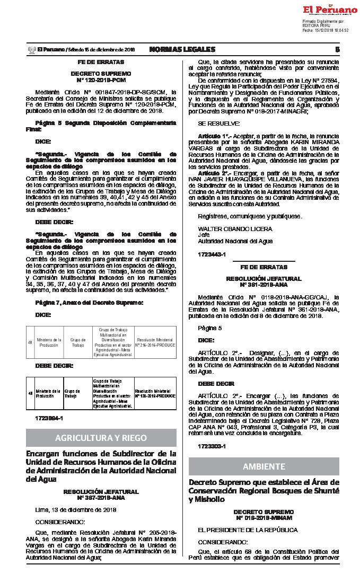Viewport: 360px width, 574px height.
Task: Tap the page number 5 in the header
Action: (337, 49)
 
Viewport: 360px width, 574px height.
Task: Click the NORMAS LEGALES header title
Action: (182, 49)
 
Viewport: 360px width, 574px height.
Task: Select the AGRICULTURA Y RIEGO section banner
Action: (101, 438)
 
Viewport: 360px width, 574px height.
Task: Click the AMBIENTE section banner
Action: (264, 466)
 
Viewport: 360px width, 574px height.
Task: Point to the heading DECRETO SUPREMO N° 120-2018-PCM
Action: (101, 75)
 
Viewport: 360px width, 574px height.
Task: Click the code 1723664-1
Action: (48, 418)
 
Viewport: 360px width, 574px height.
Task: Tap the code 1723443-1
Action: (211, 255)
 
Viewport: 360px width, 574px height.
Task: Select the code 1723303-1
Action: (211, 447)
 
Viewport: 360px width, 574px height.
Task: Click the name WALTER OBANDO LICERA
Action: (235, 229)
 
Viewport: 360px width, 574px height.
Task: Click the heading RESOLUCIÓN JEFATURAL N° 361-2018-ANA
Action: (264, 281)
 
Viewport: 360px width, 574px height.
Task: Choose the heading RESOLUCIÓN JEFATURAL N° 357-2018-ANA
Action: (101, 495)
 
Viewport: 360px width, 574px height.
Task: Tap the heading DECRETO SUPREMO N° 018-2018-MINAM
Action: (264, 515)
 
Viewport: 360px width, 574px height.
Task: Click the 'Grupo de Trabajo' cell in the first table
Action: (78, 342)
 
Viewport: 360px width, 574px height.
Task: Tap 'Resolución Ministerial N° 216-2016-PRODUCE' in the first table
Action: (155, 342)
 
